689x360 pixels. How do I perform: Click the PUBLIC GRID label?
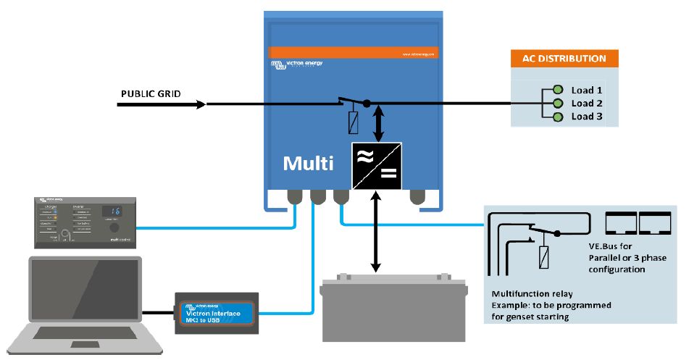(x=151, y=94)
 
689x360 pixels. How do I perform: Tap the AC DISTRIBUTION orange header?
(x=564, y=59)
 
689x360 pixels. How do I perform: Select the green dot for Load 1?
(x=558, y=91)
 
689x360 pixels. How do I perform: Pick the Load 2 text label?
(x=587, y=104)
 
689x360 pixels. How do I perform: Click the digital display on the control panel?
(x=112, y=212)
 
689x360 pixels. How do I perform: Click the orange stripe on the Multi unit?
(x=354, y=52)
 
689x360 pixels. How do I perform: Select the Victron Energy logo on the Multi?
(x=297, y=65)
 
